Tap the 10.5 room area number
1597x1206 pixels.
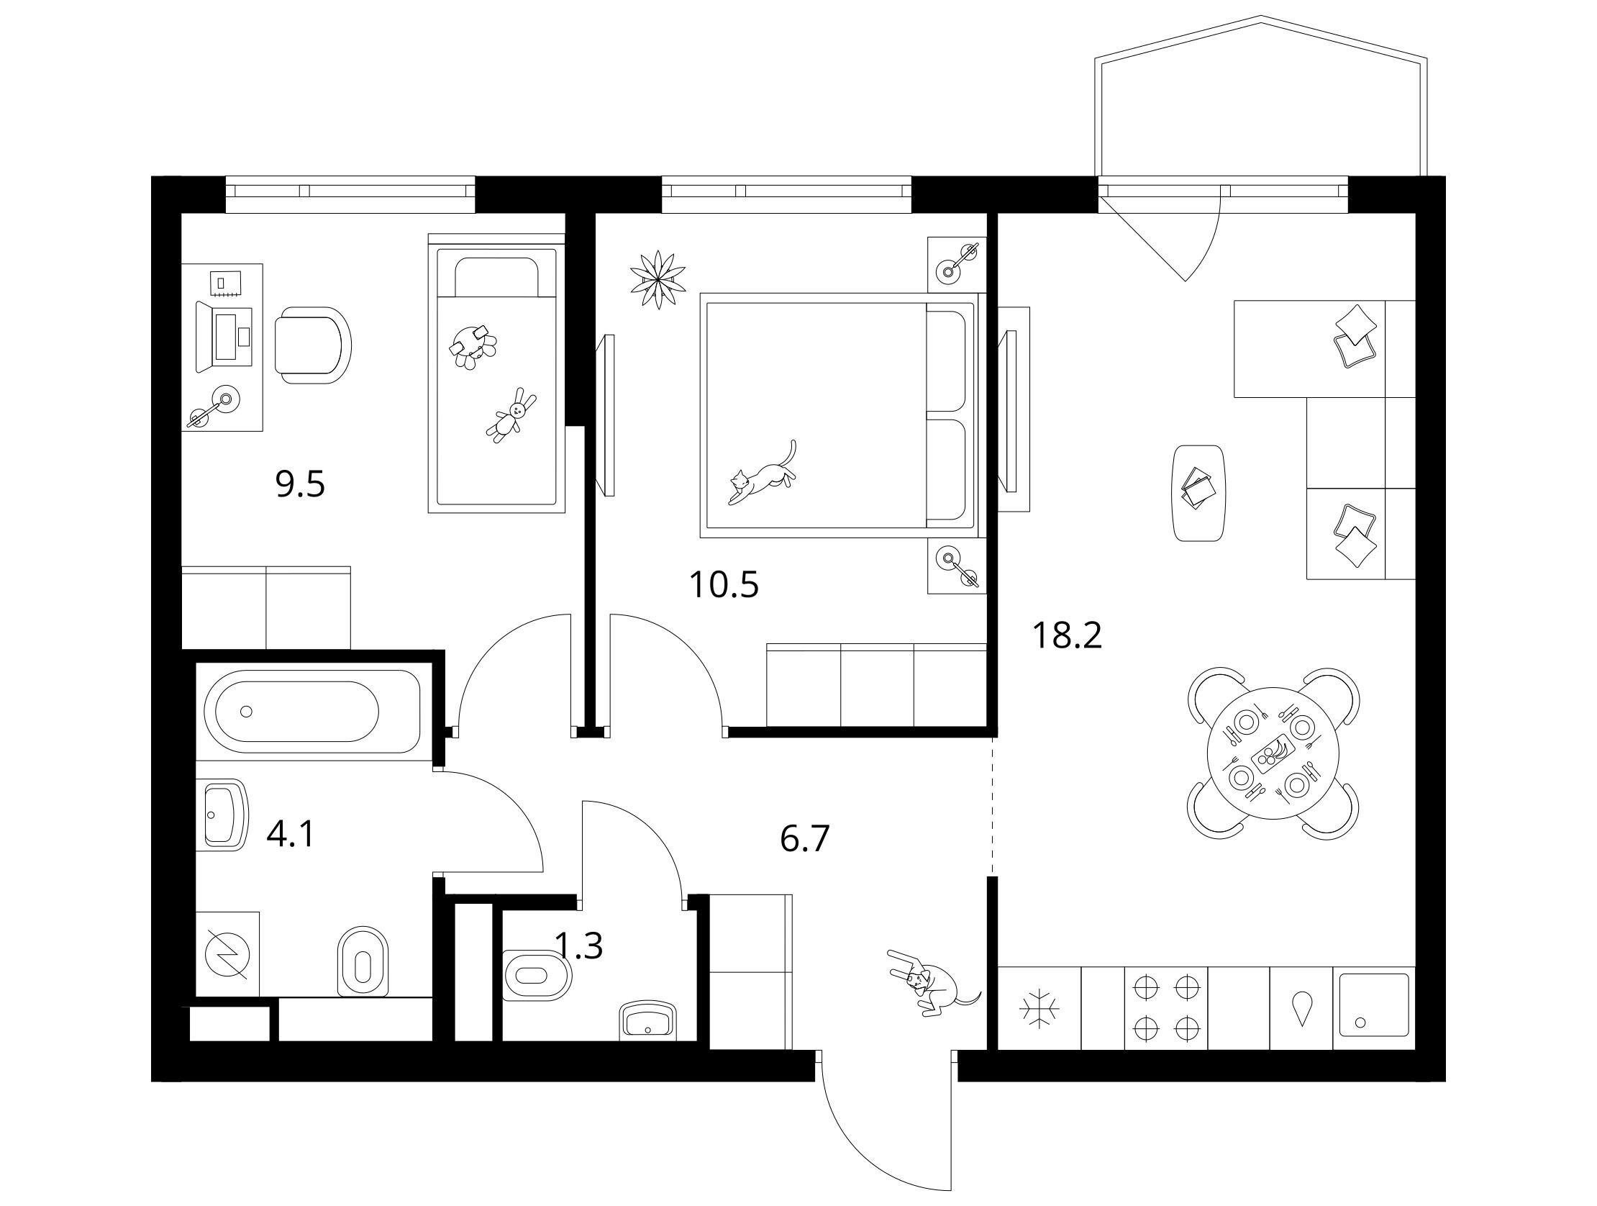pyautogui.click(x=724, y=584)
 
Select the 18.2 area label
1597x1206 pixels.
pyautogui.click(x=1067, y=635)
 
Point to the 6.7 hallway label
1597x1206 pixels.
pyautogui.click(x=805, y=838)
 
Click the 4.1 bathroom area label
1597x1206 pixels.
pyautogui.click(x=291, y=835)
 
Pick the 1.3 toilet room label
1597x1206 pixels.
pyautogui.click(x=578, y=946)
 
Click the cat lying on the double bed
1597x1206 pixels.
pyautogui.click(x=763, y=473)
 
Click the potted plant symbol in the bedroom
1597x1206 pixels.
pyautogui.click(x=658, y=280)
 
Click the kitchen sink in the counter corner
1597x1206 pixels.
pyautogui.click(x=1374, y=1007)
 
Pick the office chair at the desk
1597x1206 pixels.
pyautogui.click(x=314, y=345)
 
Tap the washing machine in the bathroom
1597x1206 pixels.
pyautogui.click(x=227, y=953)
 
